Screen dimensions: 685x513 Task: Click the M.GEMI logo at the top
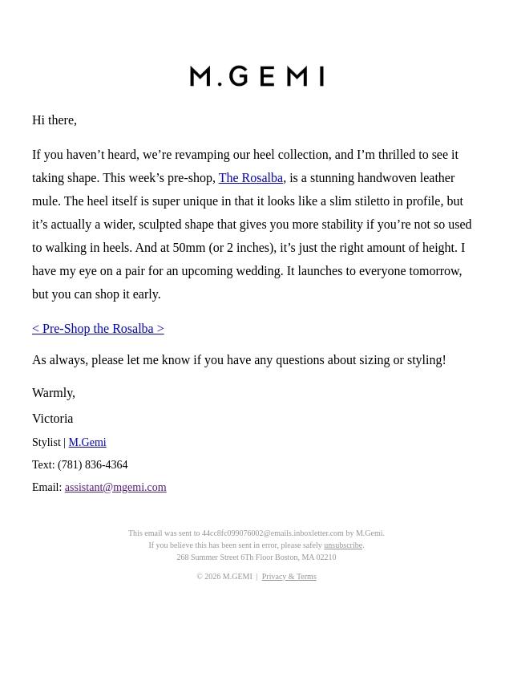click(256, 76)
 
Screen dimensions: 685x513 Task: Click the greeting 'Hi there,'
click(55, 120)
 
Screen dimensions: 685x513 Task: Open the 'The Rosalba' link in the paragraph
click(250, 178)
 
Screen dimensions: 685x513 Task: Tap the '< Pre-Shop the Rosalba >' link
click(98, 329)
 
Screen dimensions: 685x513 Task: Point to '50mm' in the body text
click(189, 248)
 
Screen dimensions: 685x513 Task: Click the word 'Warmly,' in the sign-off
click(54, 393)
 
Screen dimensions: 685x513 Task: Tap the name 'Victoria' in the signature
click(53, 419)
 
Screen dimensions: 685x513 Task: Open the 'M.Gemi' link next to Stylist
click(87, 443)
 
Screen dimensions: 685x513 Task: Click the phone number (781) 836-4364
click(93, 465)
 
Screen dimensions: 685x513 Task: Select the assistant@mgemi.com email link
click(115, 488)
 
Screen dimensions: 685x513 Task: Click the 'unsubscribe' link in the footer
click(343, 545)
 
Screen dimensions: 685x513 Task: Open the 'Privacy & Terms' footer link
click(289, 577)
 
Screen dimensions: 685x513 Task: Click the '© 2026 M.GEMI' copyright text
click(224, 577)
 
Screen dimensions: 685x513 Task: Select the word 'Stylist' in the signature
click(46, 443)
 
